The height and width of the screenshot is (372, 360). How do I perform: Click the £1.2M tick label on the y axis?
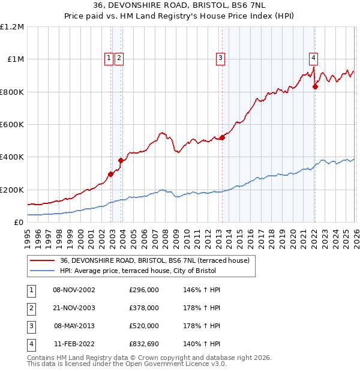pos(12,27)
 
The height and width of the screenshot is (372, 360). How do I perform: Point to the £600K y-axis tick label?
pos(12,125)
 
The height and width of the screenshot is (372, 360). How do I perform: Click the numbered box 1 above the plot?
pos(109,58)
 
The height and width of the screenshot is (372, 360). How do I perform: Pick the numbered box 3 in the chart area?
pos(221,58)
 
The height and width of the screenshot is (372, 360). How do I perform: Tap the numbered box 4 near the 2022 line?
pos(313,58)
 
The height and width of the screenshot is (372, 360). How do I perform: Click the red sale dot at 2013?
pos(222,137)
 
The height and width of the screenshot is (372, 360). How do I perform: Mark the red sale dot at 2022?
pos(316,87)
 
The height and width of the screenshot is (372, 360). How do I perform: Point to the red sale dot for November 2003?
pos(121,160)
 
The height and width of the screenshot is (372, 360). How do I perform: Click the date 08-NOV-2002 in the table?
pos(74,290)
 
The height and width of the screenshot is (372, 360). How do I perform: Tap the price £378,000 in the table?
pos(144,308)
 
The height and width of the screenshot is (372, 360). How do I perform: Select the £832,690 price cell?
pos(144,345)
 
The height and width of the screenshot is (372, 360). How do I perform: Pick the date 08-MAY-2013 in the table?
pos(74,326)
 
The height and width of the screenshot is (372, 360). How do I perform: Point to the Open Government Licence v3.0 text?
pos(170,364)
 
